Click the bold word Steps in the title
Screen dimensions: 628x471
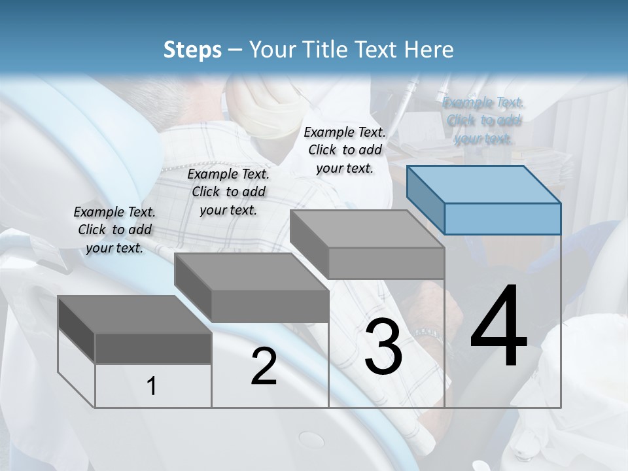pos(192,50)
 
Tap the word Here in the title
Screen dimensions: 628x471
pos(429,50)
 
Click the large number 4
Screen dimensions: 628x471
pos(499,327)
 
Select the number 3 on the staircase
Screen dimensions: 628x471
pos(383,347)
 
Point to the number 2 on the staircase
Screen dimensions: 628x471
pos(264,367)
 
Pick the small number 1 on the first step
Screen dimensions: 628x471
pos(152,387)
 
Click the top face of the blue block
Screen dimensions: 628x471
pos(483,184)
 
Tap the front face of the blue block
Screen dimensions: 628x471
pos(502,218)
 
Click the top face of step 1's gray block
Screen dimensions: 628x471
pos(133,314)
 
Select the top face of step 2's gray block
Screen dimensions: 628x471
pos(251,271)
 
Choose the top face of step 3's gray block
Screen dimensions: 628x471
pos(366,229)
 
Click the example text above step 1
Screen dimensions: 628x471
pos(114,230)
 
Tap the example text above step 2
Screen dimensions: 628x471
pos(228,192)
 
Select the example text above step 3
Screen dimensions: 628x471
pos(345,150)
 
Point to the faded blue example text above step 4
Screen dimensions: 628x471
pos(483,120)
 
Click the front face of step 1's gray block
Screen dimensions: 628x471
pos(153,348)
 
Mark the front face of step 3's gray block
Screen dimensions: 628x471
pos(386,263)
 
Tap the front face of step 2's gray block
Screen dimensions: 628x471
pos(270,306)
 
